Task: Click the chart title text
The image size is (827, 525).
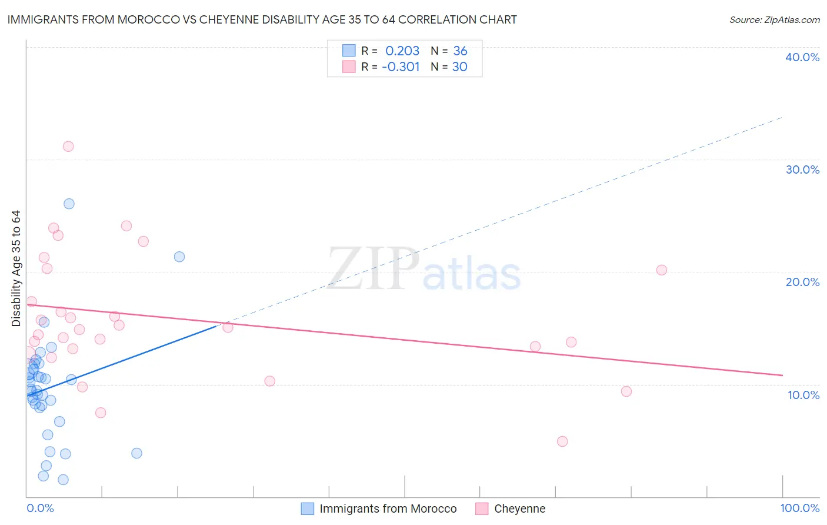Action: tap(262, 19)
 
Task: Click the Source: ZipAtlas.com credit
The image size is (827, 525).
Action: tap(774, 19)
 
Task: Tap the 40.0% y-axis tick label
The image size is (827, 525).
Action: tap(802, 57)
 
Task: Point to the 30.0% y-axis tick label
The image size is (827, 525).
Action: tap(802, 170)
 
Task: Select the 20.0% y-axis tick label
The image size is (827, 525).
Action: tap(802, 282)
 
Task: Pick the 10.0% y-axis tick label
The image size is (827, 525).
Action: tap(803, 395)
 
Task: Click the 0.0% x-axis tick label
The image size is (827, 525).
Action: tap(40, 508)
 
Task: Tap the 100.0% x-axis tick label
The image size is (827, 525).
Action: tap(799, 508)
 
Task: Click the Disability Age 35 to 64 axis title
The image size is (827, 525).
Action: tap(16, 268)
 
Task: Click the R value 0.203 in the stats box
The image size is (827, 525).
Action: tap(402, 51)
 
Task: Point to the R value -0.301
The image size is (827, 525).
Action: tap(401, 67)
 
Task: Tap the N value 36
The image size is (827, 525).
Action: tap(460, 51)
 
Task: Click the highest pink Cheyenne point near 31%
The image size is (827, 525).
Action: tap(68, 147)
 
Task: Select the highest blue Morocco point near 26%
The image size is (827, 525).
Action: tap(69, 204)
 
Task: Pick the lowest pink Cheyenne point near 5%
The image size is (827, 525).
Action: tap(562, 441)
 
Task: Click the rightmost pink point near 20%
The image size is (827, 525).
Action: tap(662, 270)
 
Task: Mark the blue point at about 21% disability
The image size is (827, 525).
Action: tap(179, 257)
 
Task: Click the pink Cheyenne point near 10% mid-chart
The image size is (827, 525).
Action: tap(270, 381)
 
